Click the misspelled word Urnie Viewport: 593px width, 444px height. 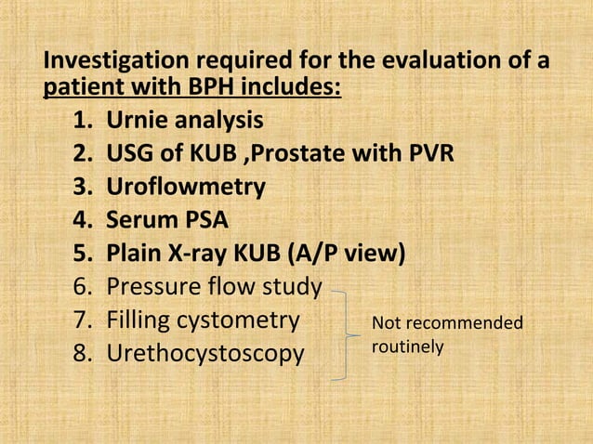pyautogui.click(x=137, y=121)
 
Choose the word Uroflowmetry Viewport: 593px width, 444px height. pyautogui.click(x=186, y=187)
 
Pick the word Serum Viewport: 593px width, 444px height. pyautogui.click(x=143, y=221)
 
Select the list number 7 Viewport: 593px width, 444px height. pyautogui.click(x=81, y=321)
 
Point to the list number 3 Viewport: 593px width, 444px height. pyautogui.click(x=81, y=187)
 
